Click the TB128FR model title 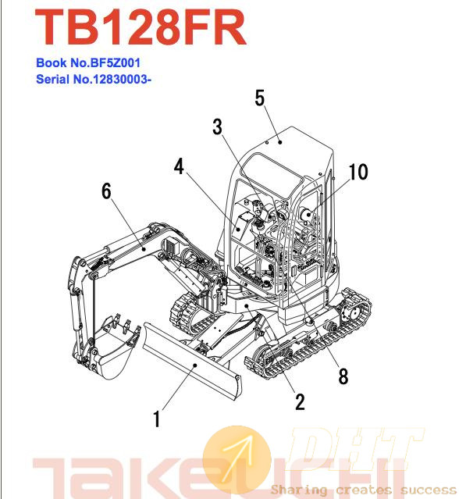click(x=141, y=27)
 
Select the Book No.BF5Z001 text click(x=88, y=62)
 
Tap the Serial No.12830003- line click(x=94, y=79)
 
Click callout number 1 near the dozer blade click(x=156, y=419)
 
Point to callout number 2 click(x=300, y=401)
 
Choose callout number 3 click(x=218, y=127)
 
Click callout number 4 click(x=179, y=166)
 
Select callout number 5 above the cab click(x=260, y=98)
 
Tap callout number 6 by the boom click(x=107, y=191)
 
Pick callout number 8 click(x=343, y=376)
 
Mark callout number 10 click(x=358, y=172)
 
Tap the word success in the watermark click(x=429, y=489)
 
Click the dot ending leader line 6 click(x=144, y=248)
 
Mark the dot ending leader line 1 click(x=195, y=365)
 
